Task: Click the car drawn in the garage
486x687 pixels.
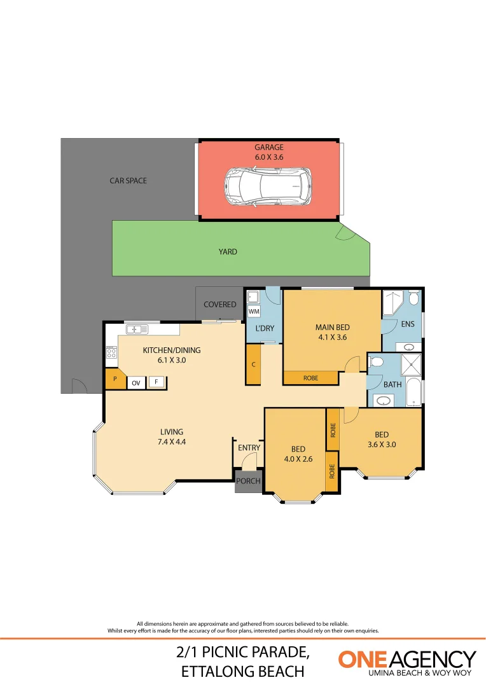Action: [268, 186]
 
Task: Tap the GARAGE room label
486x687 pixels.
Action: [269, 147]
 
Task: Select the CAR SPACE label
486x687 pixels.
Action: [128, 181]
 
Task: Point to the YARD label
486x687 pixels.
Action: [228, 251]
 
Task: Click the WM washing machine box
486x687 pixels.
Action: [254, 312]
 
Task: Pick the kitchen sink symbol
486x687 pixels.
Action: [137, 329]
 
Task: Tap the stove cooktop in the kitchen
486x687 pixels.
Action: [112, 352]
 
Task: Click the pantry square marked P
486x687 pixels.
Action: [115, 379]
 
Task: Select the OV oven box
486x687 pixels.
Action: [136, 383]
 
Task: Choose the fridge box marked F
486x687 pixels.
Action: [156, 382]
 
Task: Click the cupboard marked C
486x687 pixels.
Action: [253, 364]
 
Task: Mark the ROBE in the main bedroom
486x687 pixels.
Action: [310, 378]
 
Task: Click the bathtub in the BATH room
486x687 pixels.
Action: [413, 392]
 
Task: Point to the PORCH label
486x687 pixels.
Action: [249, 481]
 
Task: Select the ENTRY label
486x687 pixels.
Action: [249, 448]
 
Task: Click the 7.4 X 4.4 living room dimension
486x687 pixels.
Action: [172, 441]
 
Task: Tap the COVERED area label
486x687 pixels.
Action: [220, 305]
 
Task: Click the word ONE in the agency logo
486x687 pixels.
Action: [363, 659]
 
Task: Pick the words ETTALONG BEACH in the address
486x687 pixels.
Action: [243, 672]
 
